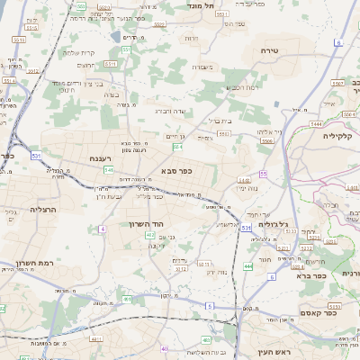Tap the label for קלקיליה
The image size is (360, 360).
point(340,136)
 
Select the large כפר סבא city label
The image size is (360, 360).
point(177,170)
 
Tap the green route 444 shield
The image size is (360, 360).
point(247,266)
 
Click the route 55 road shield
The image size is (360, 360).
point(264,173)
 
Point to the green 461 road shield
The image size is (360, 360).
point(127,299)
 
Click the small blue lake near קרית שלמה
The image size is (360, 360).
point(116,37)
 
